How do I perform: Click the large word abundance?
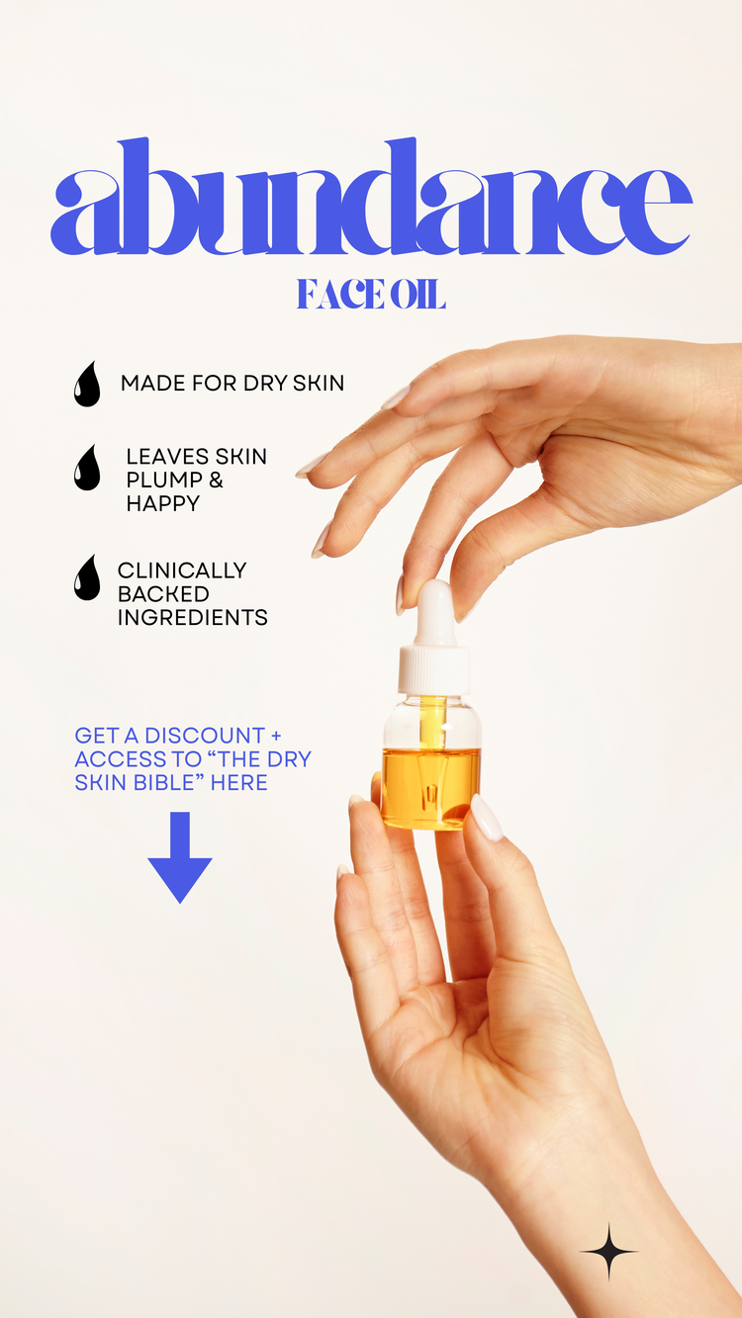point(371,197)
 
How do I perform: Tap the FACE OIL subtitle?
point(371,294)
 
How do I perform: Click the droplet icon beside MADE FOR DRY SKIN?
point(87,384)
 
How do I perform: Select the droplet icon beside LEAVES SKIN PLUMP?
point(87,468)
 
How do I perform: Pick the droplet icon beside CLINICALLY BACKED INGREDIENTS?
point(87,577)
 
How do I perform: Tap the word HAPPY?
point(163,503)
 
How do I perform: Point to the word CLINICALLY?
point(182,571)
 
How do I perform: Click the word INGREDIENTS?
point(193,617)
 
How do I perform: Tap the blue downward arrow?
point(180,857)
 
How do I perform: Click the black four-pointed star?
point(608,1252)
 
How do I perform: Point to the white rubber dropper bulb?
point(435,612)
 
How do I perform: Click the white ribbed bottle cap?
point(434,669)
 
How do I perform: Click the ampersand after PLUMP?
point(216,481)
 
